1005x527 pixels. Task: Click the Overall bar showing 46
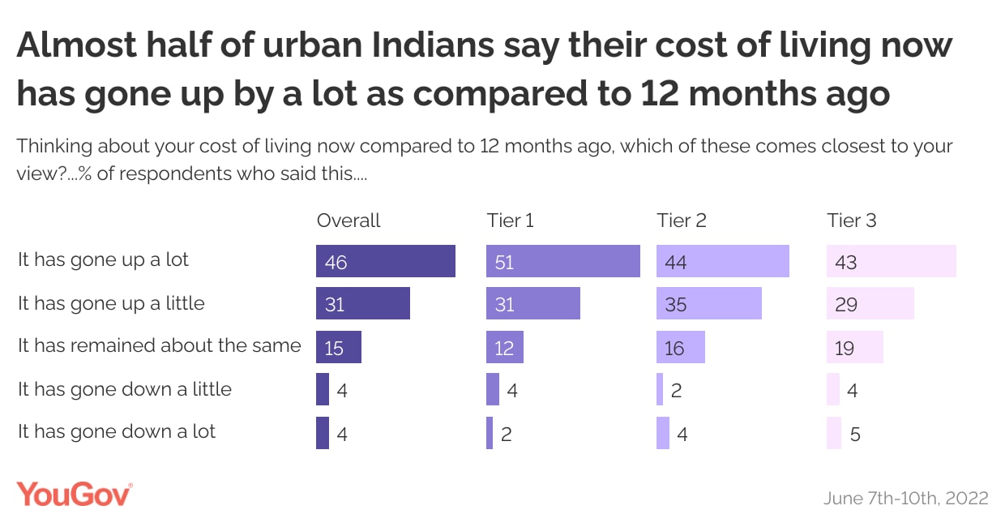pyautogui.click(x=385, y=261)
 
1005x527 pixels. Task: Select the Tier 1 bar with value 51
pyautogui.click(x=562, y=261)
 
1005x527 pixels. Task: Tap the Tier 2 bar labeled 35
pyautogui.click(x=708, y=304)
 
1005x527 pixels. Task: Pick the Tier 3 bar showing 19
pyautogui.click(x=854, y=347)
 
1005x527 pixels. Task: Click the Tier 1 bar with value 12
pyautogui.click(x=504, y=347)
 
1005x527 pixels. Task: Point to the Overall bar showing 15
pyautogui.click(x=338, y=347)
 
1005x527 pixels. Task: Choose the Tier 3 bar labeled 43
pyautogui.click(x=891, y=261)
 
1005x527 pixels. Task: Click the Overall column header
pyautogui.click(x=349, y=221)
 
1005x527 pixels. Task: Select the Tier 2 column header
pyautogui.click(x=682, y=221)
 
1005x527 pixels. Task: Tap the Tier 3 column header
pyautogui.click(x=852, y=221)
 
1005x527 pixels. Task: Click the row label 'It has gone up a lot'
pyautogui.click(x=103, y=260)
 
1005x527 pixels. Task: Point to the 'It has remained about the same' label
pyautogui.click(x=160, y=346)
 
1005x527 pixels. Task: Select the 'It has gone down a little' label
pyautogui.click(x=125, y=389)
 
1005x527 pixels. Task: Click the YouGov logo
pyautogui.click(x=74, y=494)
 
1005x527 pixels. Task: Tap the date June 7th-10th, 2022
pyautogui.click(x=905, y=498)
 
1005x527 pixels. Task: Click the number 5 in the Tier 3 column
pyautogui.click(x=856, y=435)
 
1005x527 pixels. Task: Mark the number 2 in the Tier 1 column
pyautogui.click(x=507, y=435)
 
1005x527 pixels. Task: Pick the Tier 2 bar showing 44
pyautogui.click(x=722, y=261)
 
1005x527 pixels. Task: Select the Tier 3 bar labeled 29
pyautogui.click(x=870, y=304)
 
